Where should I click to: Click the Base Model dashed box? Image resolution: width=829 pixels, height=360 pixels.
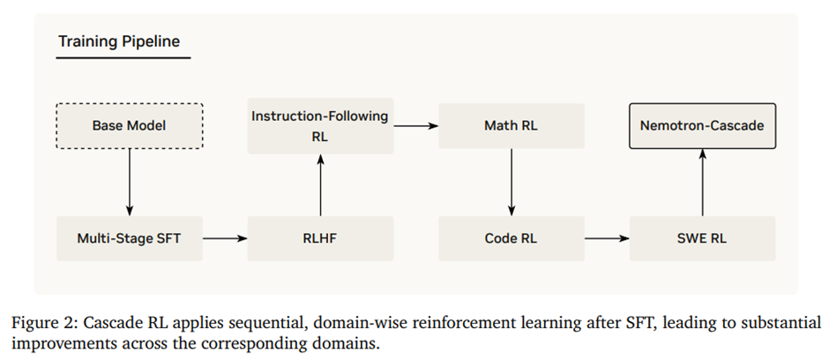point(130,126)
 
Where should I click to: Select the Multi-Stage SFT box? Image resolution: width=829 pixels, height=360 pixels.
point(130,238)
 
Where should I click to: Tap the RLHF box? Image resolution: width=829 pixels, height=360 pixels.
point(320,238)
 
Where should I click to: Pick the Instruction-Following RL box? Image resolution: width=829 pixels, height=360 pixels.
point(320,126)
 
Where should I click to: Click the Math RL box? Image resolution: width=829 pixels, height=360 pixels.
point(512,126)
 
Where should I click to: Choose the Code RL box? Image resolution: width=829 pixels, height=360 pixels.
point(512,238)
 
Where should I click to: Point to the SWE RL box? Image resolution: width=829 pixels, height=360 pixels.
point(702,238)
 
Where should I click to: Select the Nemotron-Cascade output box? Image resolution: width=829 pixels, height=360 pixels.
point(702,126)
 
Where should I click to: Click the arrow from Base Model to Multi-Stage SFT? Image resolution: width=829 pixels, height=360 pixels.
point(130,182)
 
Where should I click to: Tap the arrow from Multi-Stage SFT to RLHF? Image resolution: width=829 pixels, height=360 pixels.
point(225,238)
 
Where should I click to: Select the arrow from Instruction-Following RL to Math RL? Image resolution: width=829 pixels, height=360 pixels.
point(415,126)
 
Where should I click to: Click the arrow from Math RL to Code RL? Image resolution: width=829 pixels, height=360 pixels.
point(512,182)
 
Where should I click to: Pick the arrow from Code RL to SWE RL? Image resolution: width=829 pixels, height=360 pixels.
point(607,238)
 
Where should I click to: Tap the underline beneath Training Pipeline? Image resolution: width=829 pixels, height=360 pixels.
point(123,58)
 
